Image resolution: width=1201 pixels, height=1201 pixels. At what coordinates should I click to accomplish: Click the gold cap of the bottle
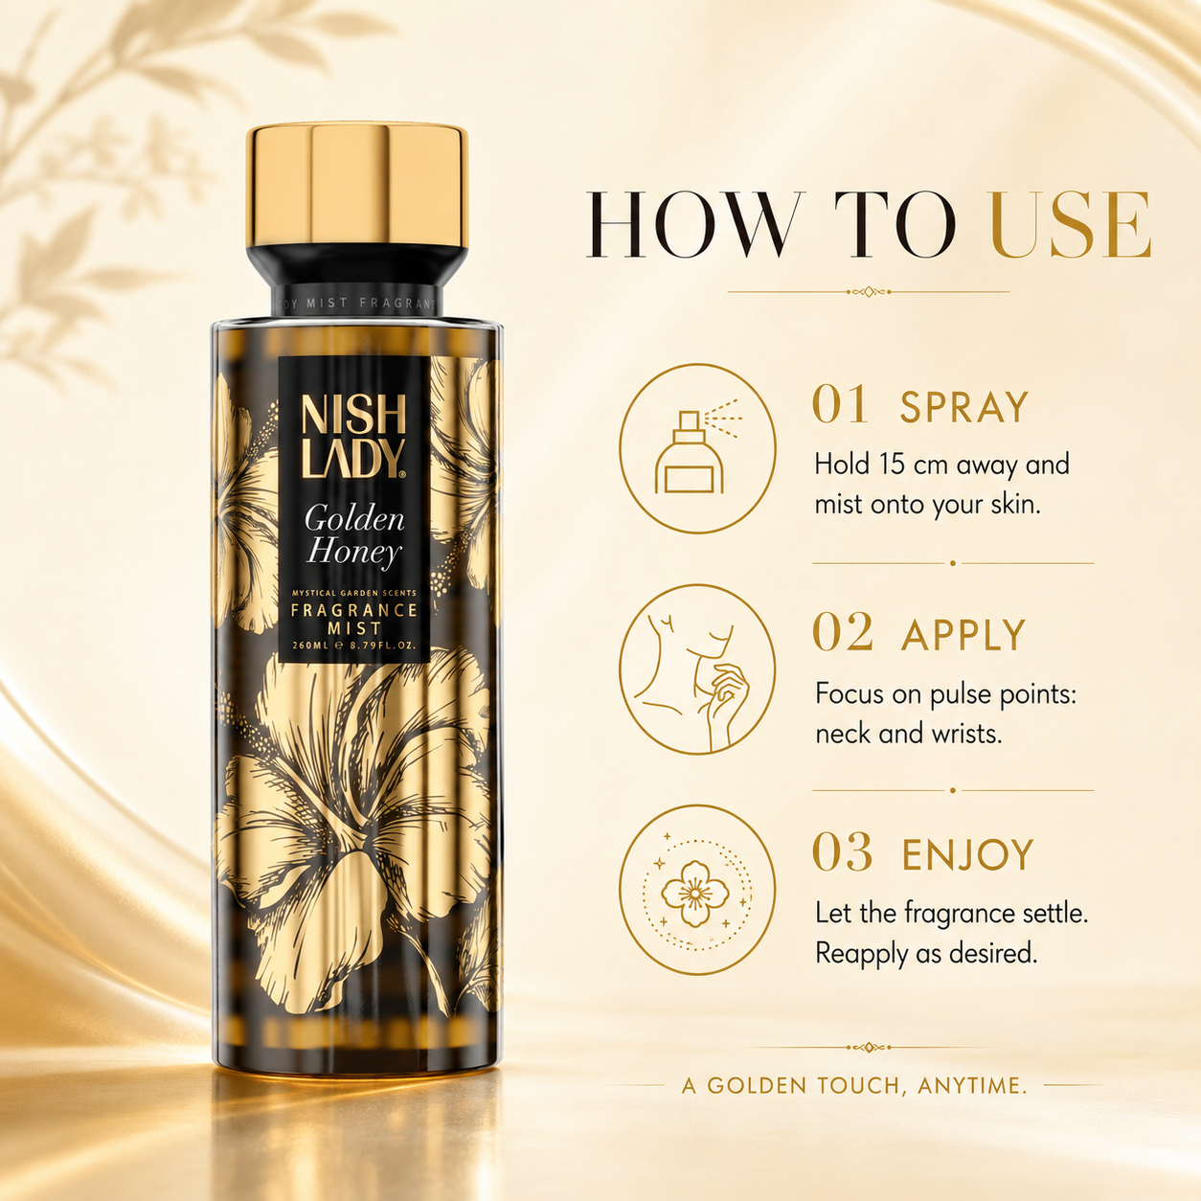point(357,185)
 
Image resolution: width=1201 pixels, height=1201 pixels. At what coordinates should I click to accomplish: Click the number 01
point(841,405)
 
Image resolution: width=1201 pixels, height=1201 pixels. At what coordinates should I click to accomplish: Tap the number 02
point(843,633)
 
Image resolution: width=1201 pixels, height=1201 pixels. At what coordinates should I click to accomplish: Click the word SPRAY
point(963,407)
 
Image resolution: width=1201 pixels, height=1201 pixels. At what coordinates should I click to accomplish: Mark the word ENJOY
point(967,854)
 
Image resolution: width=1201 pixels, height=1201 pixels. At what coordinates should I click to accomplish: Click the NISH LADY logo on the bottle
point(353,436)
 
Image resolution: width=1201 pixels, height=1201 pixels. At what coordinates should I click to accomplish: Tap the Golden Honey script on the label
point(354,535)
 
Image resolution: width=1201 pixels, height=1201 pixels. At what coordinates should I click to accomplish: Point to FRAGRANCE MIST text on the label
point(354,618)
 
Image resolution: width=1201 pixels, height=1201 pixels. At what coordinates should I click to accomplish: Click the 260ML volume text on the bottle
point(310,646)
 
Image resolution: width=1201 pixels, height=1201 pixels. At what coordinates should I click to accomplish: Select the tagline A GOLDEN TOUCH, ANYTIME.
point(854,1085)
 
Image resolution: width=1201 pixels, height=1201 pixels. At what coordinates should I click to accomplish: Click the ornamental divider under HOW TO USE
point(868,291)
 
